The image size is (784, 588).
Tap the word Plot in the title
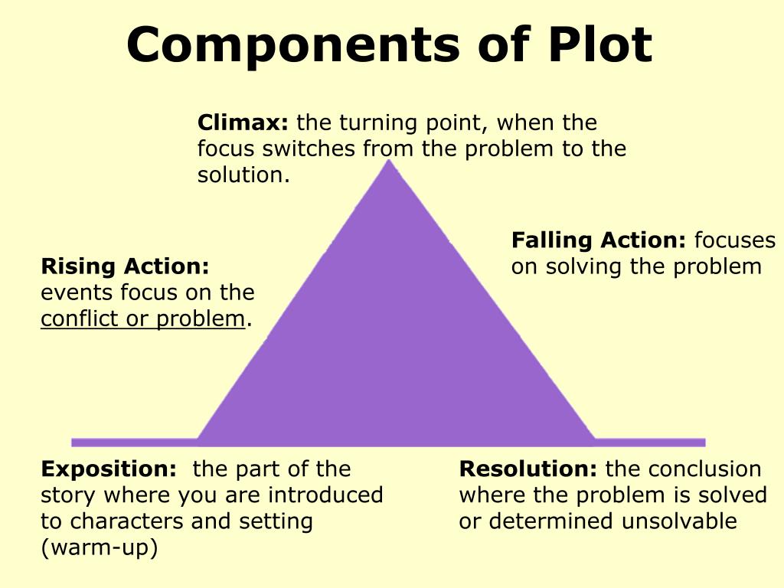tap(599, 44)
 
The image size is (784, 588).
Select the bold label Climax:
tap(243, 122)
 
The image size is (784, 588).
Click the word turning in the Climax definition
tap(378, 122)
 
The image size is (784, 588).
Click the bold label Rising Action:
tap(125, 266)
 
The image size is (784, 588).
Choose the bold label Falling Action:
tap(599, 240)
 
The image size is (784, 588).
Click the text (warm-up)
tap(99, 547)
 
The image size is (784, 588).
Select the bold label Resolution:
tap(528, 469)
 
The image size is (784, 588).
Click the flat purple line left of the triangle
tap(134, 442)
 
